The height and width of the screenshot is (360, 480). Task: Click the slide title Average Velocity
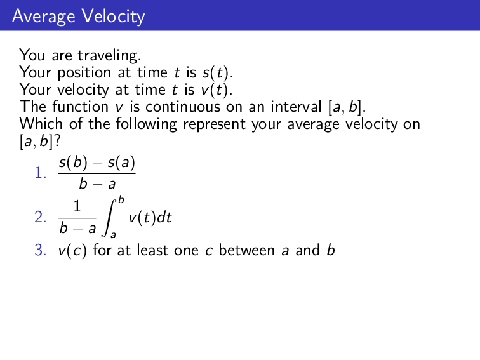78,16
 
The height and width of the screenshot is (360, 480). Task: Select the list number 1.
40,173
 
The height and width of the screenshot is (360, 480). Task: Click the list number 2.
40,218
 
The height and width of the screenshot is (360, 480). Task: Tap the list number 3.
40,250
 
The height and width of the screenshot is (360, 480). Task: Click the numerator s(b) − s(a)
97,163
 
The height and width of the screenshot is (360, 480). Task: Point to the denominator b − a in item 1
97,185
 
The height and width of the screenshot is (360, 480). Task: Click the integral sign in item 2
110,218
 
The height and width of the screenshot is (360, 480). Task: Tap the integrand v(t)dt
150,218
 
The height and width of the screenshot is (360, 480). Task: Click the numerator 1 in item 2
77,207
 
